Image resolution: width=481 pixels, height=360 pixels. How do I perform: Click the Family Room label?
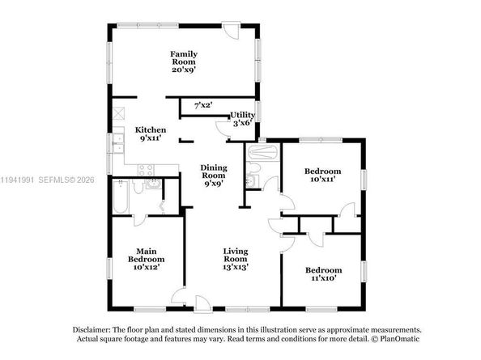[184, 61]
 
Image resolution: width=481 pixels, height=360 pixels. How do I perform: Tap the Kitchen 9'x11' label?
[151, 134]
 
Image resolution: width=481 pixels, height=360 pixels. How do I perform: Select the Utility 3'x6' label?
[242, 119]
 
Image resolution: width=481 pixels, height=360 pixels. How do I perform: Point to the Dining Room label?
[214, 175]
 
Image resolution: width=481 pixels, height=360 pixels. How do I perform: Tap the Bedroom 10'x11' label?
[322, 175]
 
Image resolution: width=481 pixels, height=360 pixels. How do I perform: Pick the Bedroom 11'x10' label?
[323, 274]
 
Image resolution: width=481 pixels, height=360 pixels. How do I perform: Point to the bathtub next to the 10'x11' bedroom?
[263, 152]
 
